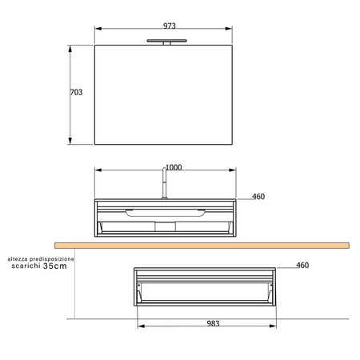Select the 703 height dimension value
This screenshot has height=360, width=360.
(x=77, y=93)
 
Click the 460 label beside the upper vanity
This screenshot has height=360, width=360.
(x=258, y=197)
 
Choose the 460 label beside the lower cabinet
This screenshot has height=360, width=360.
(x=302, y=266)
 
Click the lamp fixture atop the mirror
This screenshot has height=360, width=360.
(x=164, y=41)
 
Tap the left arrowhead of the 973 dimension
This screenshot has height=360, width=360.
(x=98, y=29)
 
